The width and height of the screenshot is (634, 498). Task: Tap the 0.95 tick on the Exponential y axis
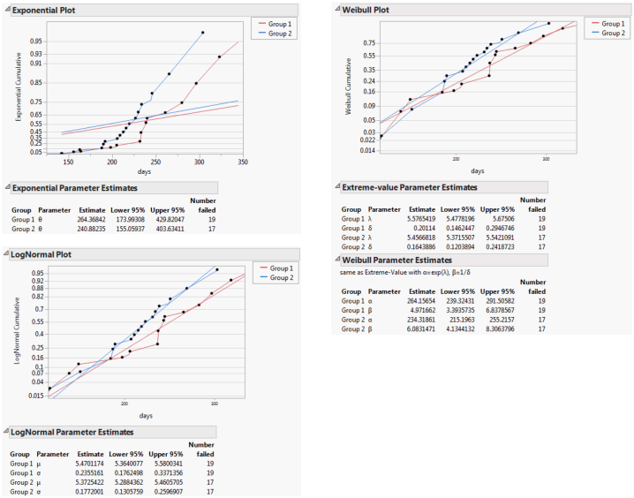pos(35,41)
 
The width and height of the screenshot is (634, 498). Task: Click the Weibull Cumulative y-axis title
pos(349,86)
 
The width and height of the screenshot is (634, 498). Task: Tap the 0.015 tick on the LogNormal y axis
pos(36,396)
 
